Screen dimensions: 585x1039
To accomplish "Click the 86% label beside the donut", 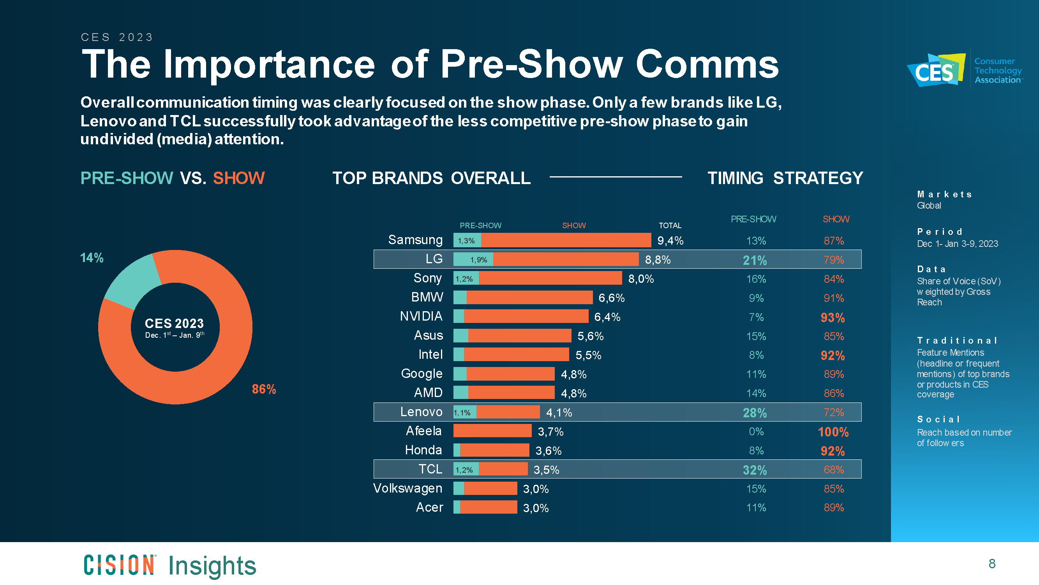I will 264,389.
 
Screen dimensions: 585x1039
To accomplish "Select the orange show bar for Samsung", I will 566,240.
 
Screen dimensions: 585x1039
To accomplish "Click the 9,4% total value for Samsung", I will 670,241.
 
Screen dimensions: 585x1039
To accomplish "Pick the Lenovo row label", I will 421,412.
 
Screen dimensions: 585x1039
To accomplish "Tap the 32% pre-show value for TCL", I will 755,470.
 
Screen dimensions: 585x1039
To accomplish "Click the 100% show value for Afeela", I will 833,432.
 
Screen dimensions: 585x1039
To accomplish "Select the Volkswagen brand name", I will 407,488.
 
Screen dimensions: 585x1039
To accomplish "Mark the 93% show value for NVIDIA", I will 833,318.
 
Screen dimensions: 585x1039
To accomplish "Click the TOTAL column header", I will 670,225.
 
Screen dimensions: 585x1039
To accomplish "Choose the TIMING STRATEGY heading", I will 785,178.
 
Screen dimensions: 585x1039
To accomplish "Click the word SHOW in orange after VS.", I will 239,178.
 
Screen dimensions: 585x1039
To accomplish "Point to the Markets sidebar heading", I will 944,194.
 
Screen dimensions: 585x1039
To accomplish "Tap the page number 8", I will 992,564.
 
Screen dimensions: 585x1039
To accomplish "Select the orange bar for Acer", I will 488,507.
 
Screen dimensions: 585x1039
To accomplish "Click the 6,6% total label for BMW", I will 611,298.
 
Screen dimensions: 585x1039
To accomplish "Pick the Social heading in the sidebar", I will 938,419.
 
